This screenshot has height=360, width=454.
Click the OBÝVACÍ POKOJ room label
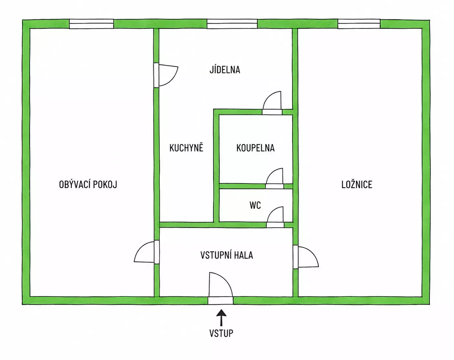click(x=88, y=185)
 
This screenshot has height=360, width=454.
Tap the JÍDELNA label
click(x=225, y=69)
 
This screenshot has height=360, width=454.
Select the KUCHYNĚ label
click(x=186, y=147)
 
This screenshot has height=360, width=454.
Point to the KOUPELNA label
click(x=255, y=148)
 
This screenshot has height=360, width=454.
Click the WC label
click(x=255, y=205)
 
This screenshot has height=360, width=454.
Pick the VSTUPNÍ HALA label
click(x=227, y=255)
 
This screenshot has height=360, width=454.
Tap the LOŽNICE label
click(x=357, y=185)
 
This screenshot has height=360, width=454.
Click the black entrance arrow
click(x=221, y=317)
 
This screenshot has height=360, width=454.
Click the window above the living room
click(x=92, y=24)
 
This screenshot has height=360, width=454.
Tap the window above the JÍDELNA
click(x=232, y=24)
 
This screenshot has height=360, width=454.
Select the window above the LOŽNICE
click(x=359, y=24)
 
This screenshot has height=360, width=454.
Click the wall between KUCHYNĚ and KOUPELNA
click(x=216, y=166)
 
